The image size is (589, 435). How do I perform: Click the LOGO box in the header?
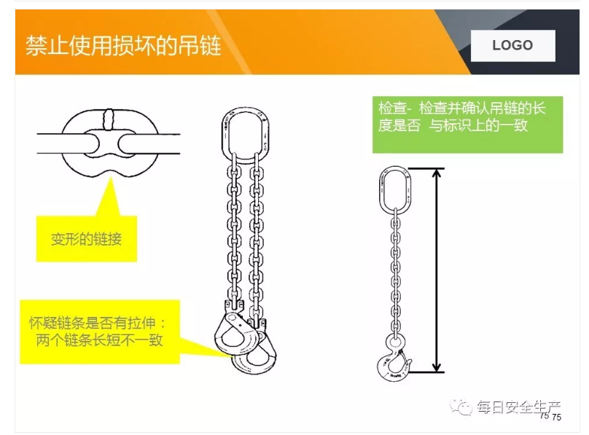512,45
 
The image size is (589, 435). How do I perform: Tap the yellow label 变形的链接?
86,239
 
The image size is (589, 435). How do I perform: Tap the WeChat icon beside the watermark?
461,407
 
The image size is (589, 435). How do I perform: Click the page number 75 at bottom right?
556,417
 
